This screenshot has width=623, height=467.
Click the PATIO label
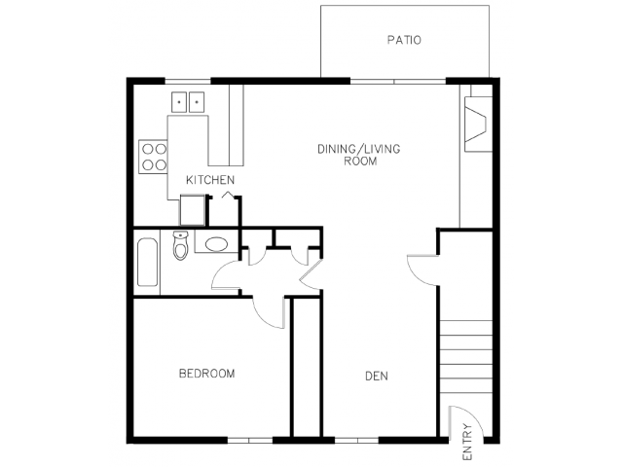coord(404,40)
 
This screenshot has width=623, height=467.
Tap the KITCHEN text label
coord(210,180)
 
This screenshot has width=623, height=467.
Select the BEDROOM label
coord(206,374)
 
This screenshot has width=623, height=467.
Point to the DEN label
coord(377,376)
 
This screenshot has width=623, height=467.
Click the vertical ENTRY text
coord(467,442)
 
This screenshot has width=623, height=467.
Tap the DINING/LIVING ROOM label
coord(359,155)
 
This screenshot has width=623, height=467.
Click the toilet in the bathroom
coord(180,245)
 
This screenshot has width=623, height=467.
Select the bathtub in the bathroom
coord(147,262)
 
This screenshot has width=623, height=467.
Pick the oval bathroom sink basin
coord(216,244)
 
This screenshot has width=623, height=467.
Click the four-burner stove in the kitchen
coord(153,157)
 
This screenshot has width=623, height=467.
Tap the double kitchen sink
coord(188,102)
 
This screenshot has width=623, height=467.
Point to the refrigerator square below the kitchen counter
coord(193,210)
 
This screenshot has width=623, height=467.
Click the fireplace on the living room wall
coord(478,124)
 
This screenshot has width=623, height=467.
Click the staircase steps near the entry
coord(466,357)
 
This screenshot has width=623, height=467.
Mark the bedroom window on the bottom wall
coord(250,440)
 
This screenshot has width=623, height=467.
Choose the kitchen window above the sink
coord(188,82)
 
